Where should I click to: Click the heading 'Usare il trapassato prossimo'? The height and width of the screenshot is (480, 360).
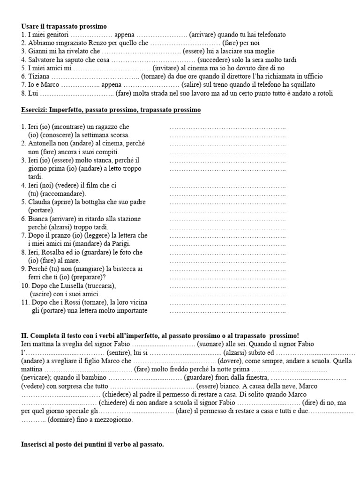(64, 26)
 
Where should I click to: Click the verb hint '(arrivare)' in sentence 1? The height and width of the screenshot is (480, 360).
(202, 35)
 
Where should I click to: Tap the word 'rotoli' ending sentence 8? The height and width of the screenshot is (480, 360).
(323, 94)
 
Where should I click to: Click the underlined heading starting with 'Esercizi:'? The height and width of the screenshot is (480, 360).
(111, 110)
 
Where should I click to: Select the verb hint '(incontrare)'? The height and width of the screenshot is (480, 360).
(70, 127)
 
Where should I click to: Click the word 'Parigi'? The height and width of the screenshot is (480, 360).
(120, 244)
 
